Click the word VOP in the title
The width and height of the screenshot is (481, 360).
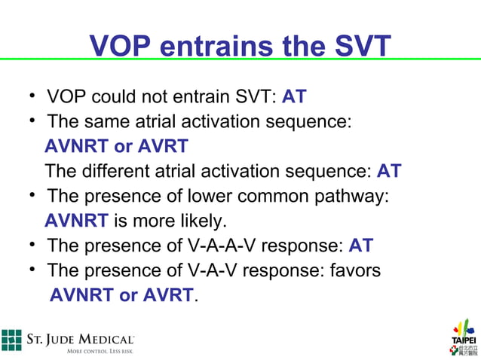(121, 47)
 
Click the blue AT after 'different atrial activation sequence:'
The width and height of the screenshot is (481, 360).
(388, 171)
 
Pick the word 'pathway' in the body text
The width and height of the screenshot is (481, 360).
(353, 196)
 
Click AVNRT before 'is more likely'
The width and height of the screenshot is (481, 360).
(76, 221)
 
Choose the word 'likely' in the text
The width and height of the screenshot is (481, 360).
(204, 221)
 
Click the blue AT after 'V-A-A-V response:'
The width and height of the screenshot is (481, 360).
(360, 246)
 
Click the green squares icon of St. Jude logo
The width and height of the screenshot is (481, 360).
(11, 340)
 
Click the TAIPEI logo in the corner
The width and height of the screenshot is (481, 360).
(464, 337)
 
